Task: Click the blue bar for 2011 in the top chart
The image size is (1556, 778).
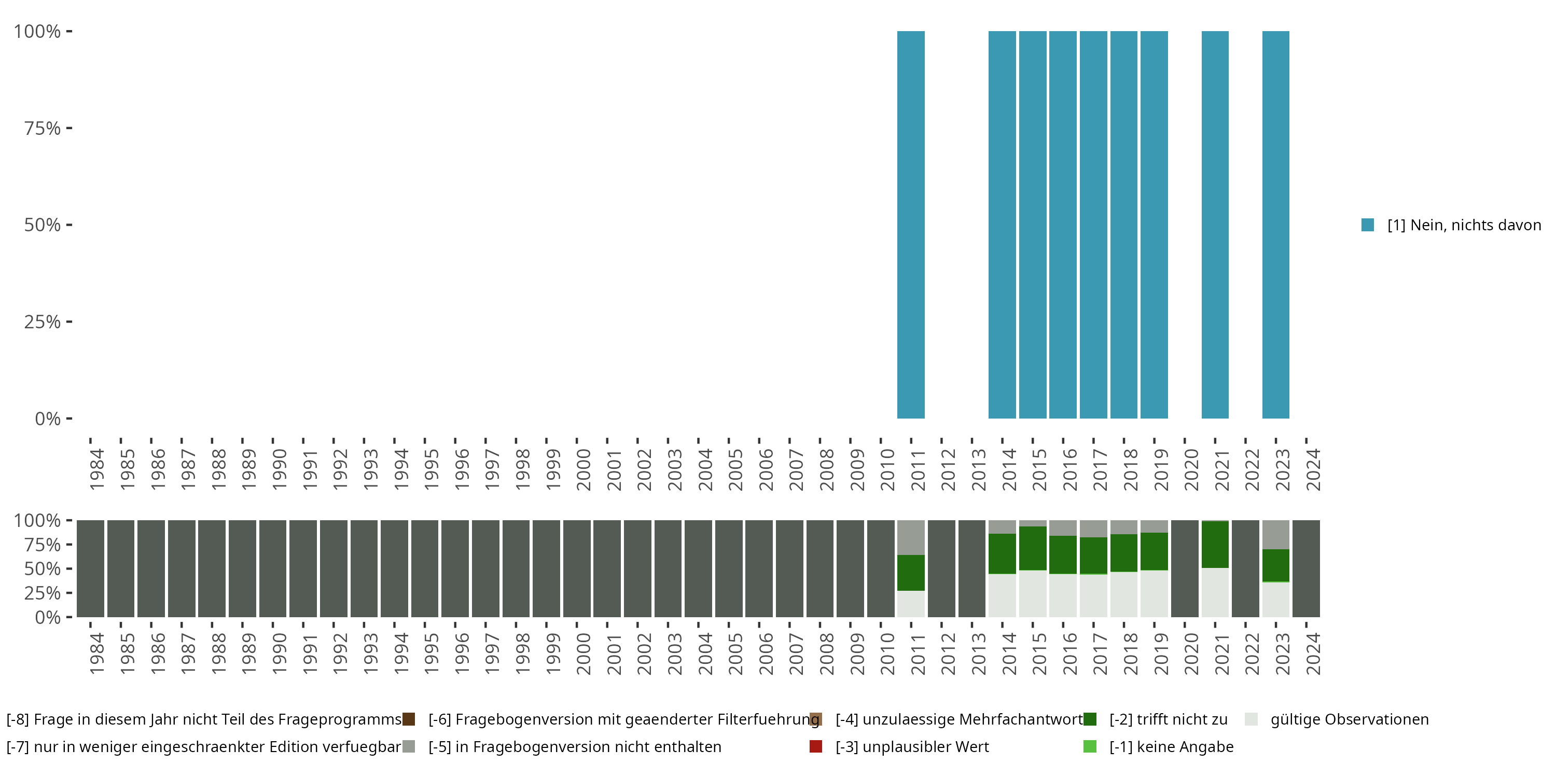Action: (911, 225)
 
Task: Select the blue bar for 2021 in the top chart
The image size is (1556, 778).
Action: (1215, 225)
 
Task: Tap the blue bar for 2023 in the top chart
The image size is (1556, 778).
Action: (1276, 225)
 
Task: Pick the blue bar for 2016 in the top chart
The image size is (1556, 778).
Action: (1063, 225)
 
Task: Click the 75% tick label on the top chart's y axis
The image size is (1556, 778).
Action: (43, 128)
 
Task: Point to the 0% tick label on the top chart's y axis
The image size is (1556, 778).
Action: (48, 419)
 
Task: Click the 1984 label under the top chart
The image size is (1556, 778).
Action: (96, 470)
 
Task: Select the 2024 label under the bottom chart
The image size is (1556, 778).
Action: (1313, 654)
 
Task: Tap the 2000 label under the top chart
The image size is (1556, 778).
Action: (583, 470)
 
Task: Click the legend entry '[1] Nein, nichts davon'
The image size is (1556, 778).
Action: (1464, 225)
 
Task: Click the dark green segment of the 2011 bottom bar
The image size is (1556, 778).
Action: (911, 573)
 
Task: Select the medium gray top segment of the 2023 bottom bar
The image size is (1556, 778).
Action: (1276, 535)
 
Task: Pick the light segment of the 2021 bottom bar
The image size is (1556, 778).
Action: (1215, 592)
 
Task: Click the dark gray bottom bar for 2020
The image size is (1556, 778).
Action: (1185, 568)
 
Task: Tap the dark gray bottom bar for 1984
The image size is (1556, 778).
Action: (91, 568)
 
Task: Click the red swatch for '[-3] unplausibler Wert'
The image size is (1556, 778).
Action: (815, 746)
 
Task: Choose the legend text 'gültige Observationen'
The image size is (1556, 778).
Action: (1350, 719)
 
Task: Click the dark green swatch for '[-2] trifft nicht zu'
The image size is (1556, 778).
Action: (1090, 719)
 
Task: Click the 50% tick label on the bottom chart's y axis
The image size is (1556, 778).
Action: (43, 569)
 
